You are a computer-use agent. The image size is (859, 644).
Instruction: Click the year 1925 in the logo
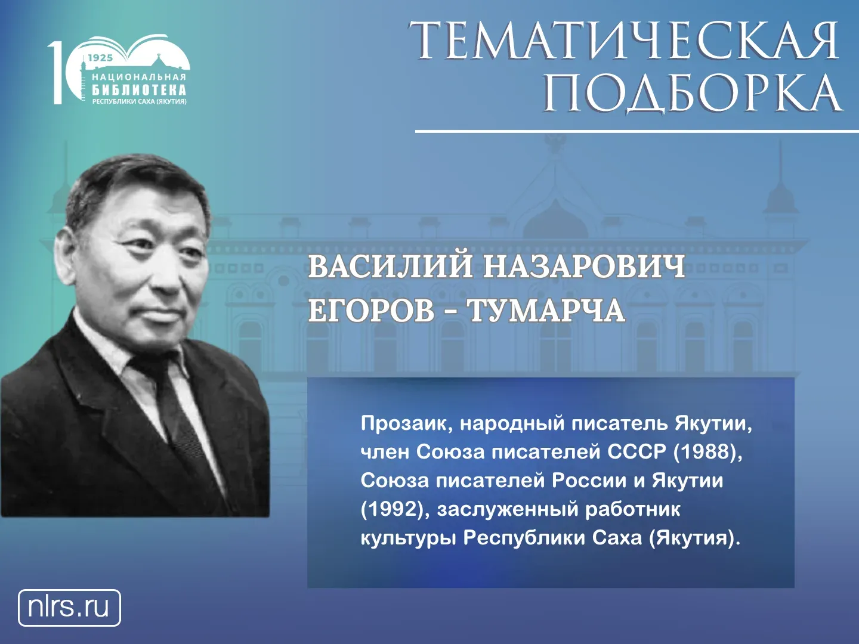coord(100,58)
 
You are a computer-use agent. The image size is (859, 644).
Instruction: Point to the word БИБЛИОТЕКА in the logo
coord(139,89)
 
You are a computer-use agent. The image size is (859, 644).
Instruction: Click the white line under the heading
coord(637,131)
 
